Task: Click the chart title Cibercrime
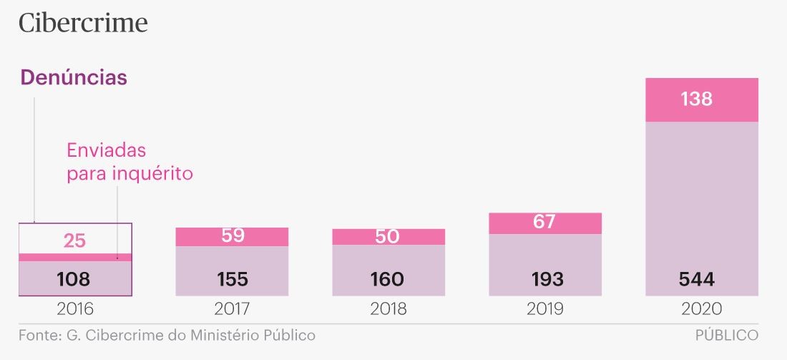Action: (x=83, y=23)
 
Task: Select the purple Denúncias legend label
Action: (x=74, y=78)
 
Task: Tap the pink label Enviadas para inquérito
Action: (x=129, y=162)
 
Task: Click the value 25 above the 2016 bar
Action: (x=74, y=241)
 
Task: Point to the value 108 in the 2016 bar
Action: (x=74, y=279)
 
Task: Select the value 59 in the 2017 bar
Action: (x=233, y=236)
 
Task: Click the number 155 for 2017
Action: (x=233, y=279)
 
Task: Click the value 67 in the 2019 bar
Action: (x=544, y=223)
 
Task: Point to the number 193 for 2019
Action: (x=544, y=279)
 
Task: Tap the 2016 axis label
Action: (x=74, y=309)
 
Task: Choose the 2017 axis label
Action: (x=233, y=309)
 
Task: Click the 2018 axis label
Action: (x=388, y=309)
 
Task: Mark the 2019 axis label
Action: (x=545, y=309)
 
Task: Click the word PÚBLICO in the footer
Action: (x=726, y=336)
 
